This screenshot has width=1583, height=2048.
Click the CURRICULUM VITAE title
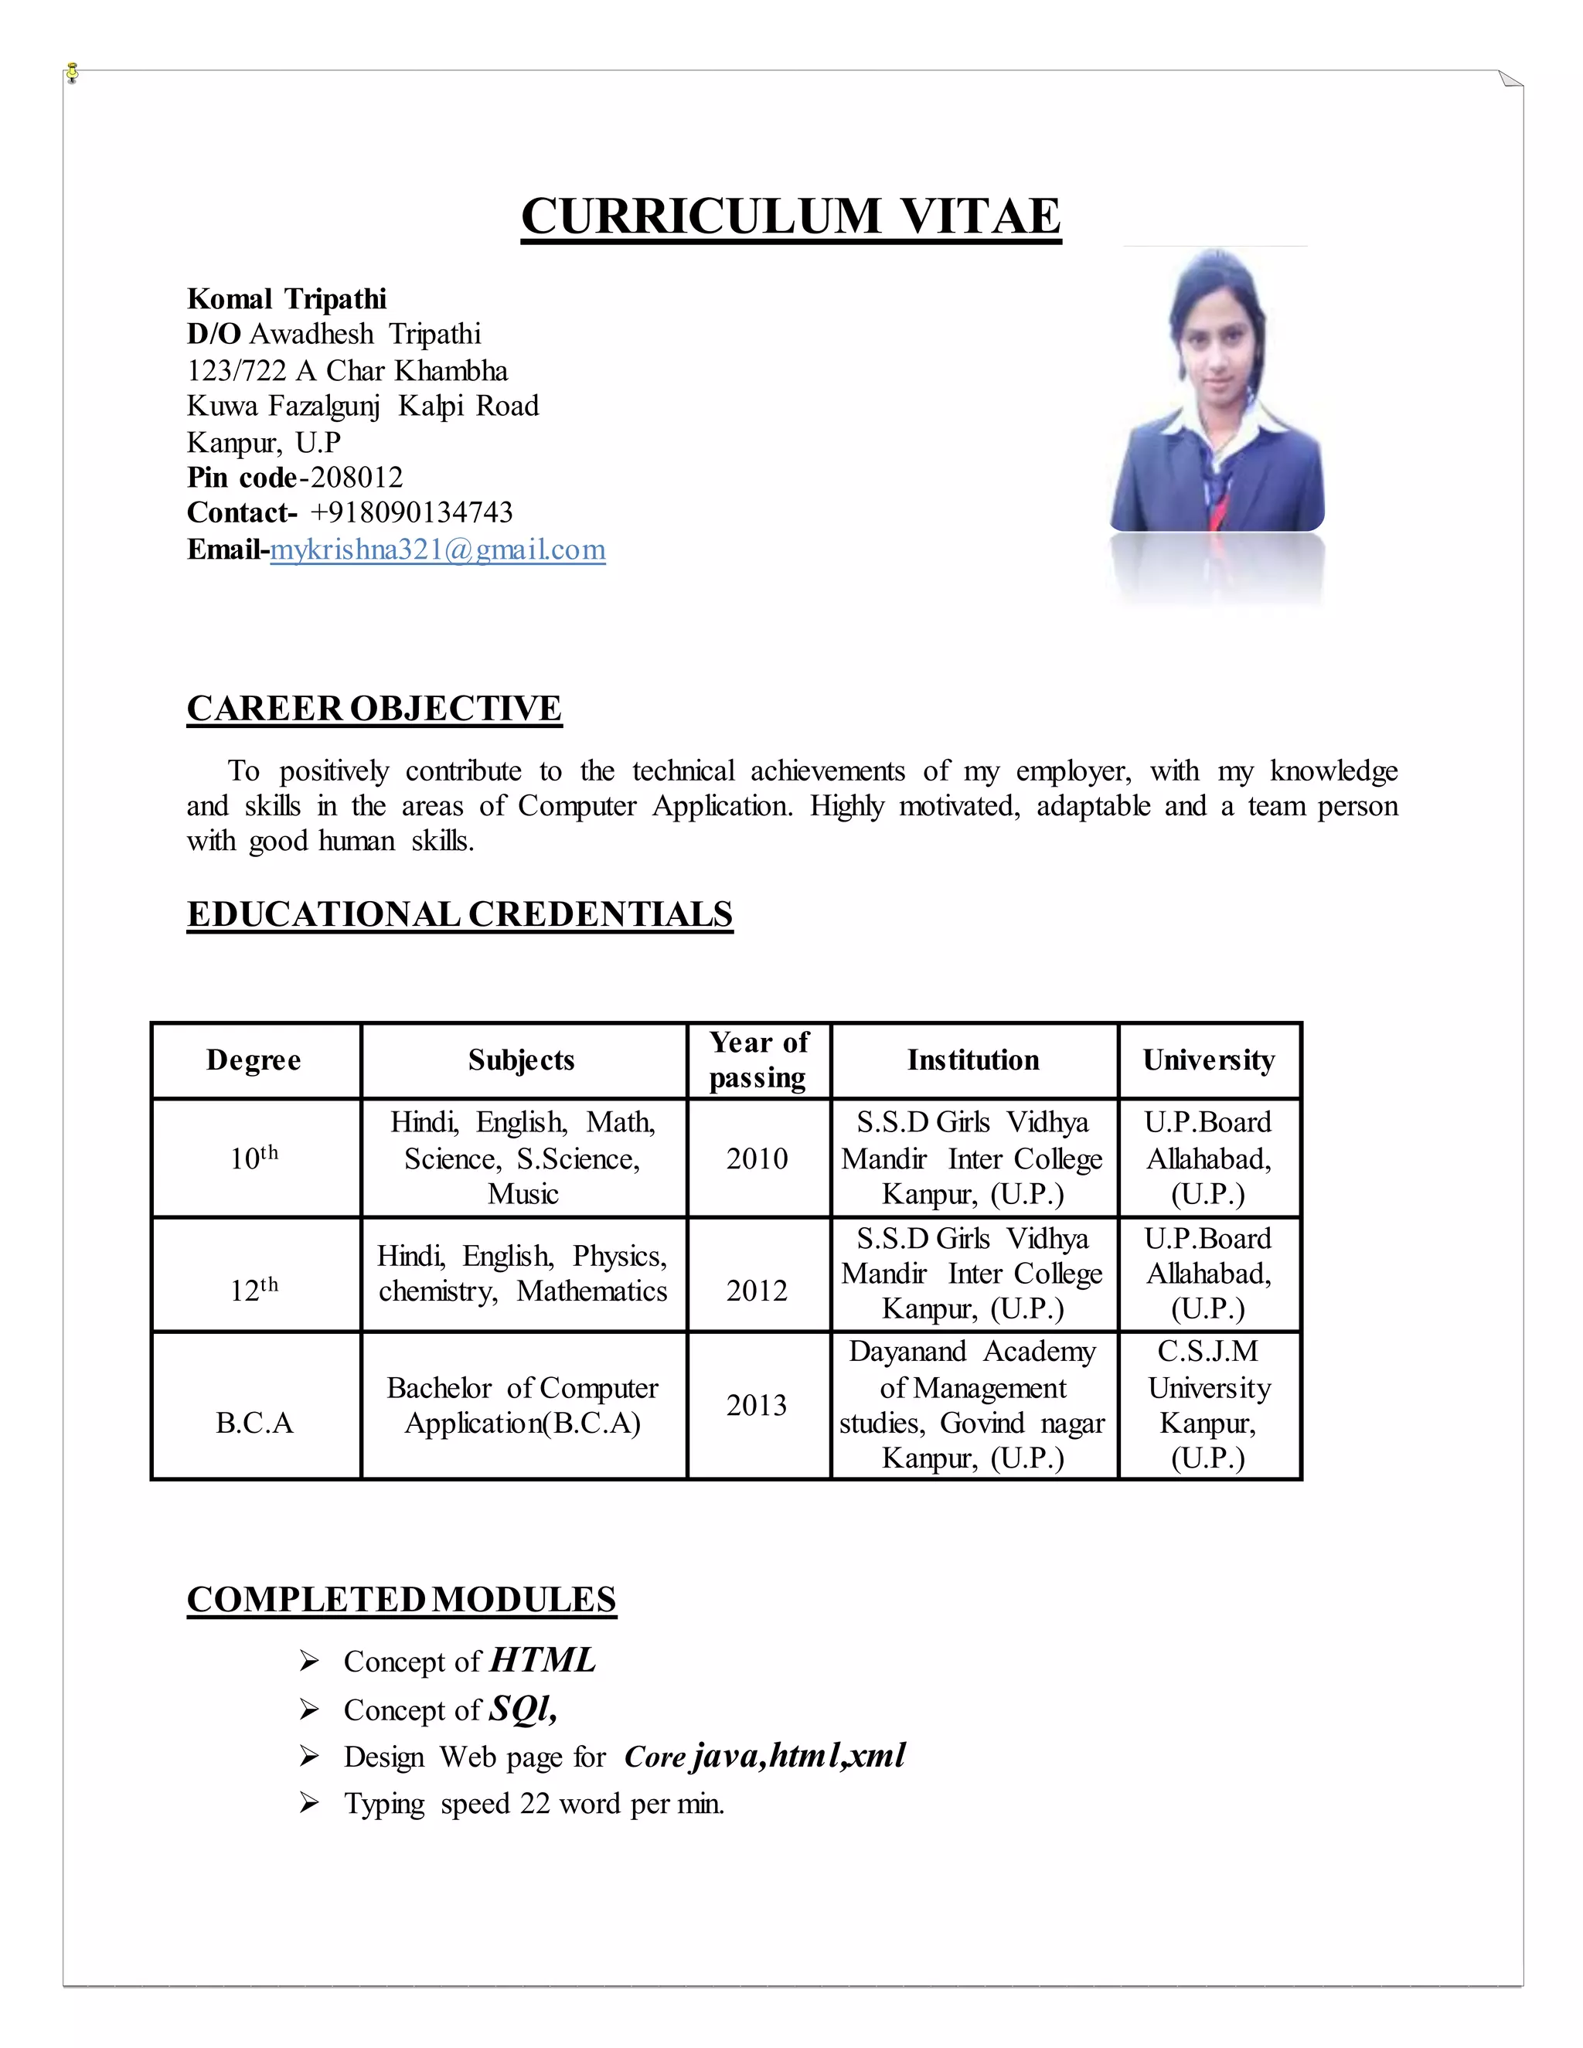click(791, 216)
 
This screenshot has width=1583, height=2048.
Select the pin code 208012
click(356, 478)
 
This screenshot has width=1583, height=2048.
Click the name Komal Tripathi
click(286, 299)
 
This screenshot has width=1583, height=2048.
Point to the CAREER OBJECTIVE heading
click(373, 708)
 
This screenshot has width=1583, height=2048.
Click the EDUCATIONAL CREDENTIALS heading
click(460, 914)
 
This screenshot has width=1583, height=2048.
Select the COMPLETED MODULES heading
click(401, 1600)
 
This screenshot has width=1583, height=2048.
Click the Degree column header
click(254, 1060)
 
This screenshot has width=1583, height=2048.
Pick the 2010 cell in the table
click(757, 1159)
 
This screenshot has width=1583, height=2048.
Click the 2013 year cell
click(757, 1405)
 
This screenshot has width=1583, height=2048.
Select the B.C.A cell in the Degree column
click(254, 1423)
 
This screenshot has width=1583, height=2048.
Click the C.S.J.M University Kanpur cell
click(1208, 1405)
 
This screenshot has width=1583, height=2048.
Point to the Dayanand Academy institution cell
click(972, 1405)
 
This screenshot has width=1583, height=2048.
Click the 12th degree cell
click(254, 1291)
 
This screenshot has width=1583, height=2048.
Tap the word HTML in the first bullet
click(542, 1660)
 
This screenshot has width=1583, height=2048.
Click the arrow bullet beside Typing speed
click(308, 1802)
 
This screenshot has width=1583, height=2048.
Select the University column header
click(1208, 1060)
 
